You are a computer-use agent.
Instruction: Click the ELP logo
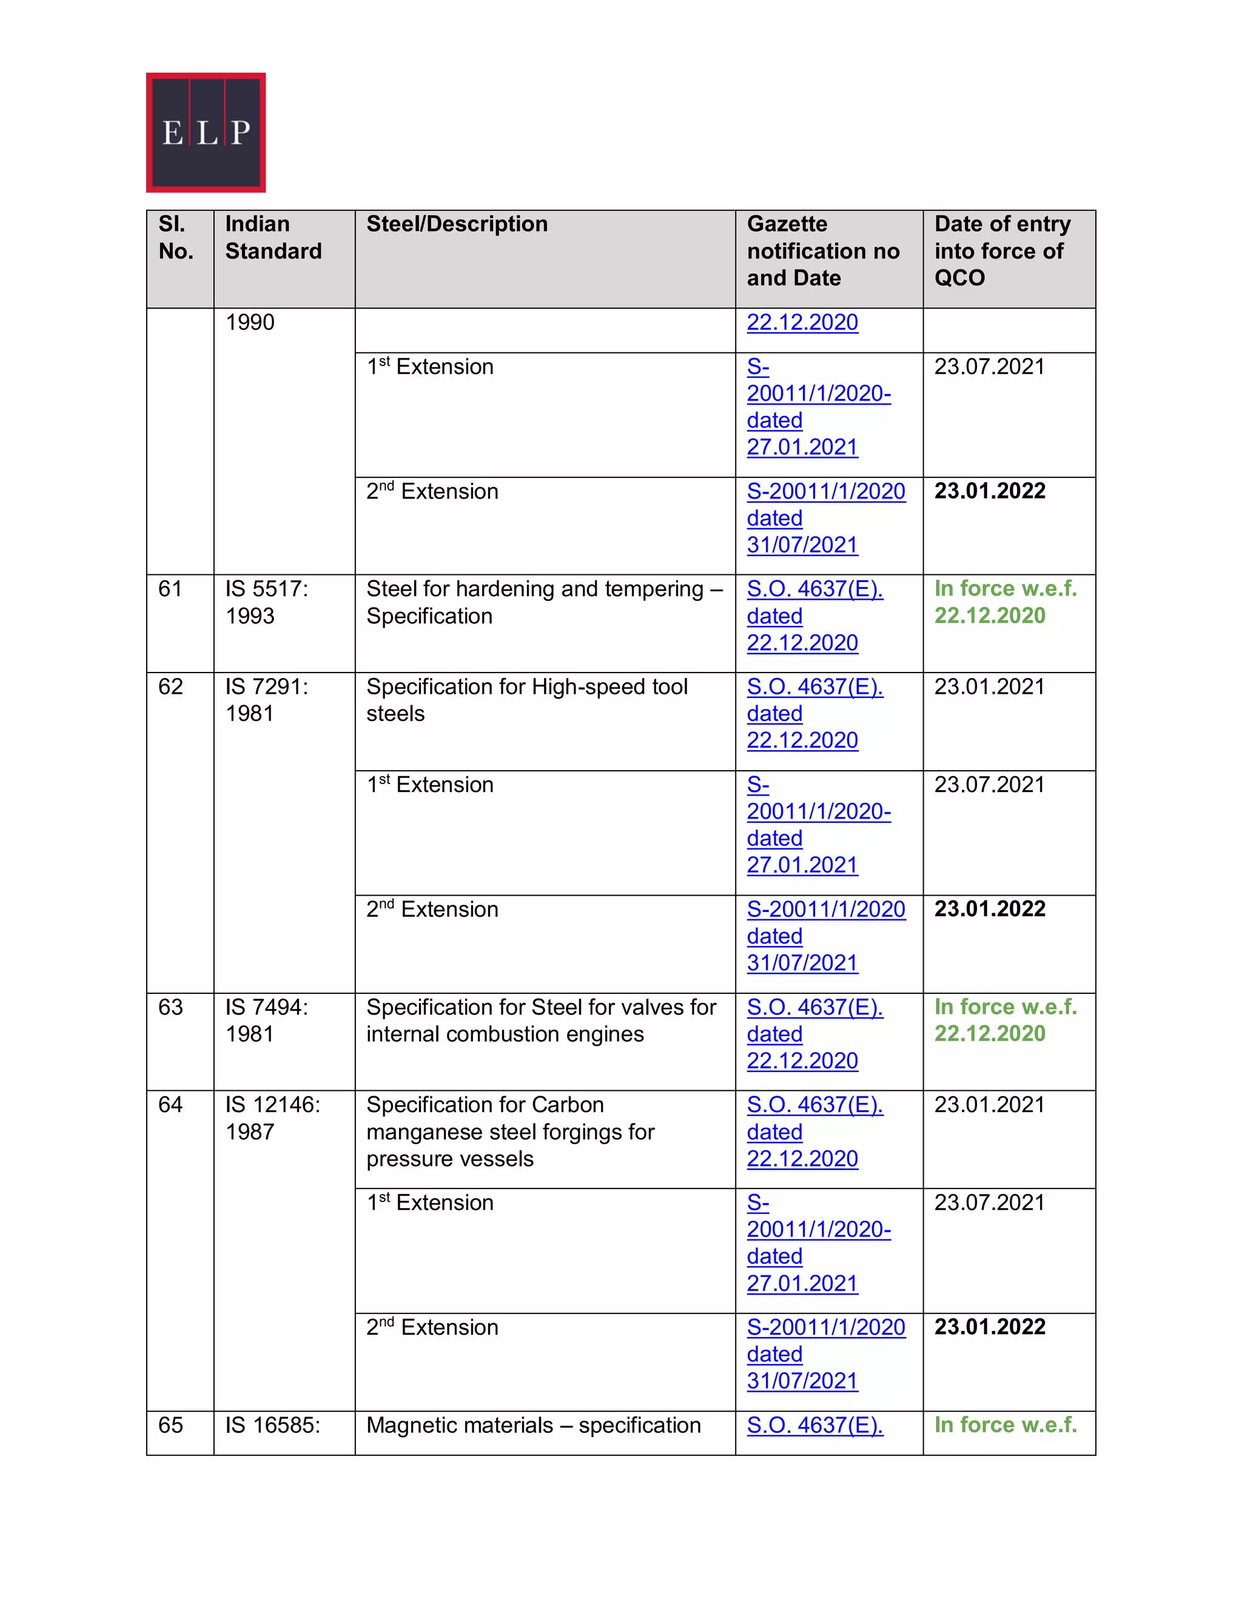[206, 132]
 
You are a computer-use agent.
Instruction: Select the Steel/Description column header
[457, 224]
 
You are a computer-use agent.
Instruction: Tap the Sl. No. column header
[176, 238]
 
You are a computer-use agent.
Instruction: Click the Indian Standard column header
[273, 238]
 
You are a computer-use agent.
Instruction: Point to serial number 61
[170, 589]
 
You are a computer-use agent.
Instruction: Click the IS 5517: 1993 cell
[266, 602]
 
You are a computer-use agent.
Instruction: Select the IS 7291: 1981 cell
[266, 700]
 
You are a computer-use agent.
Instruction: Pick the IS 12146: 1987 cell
[272, 1118]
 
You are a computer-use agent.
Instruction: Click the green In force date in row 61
[1004, 602]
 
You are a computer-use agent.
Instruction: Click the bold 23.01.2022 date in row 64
[990, 1327]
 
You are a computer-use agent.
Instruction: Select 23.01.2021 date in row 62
[989, 686]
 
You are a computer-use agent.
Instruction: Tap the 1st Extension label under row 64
[430, 1203]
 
